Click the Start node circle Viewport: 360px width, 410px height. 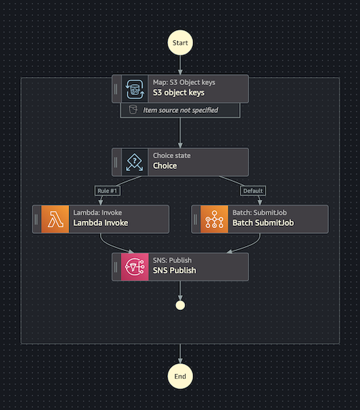[x=180, y=43]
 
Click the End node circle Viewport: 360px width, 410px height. [x=180, y=375]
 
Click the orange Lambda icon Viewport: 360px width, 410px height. [x=55, y=219]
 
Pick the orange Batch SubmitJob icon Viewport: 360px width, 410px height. [x=214, y=219]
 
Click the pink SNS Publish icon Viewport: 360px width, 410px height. [x=135, y=266]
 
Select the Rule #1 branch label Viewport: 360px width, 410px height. [x=106, y=191]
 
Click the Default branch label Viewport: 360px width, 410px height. [x=253, y=191]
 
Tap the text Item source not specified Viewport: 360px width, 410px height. [x=181, y=110]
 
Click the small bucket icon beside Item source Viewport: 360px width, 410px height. [x=132, y=110]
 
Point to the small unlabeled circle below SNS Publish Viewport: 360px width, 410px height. [x=180, y=305]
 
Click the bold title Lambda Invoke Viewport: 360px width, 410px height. [x=100, y=224]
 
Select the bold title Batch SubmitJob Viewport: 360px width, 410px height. [x=263, y=224]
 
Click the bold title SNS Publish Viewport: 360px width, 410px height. [x=174, y=270]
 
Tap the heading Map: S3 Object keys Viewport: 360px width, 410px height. [x=184, y=83]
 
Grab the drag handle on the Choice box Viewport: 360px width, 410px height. [x=116, y=162]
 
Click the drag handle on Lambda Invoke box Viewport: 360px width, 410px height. [x=36, y=219]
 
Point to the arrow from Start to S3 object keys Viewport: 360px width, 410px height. [x=180, y=63]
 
